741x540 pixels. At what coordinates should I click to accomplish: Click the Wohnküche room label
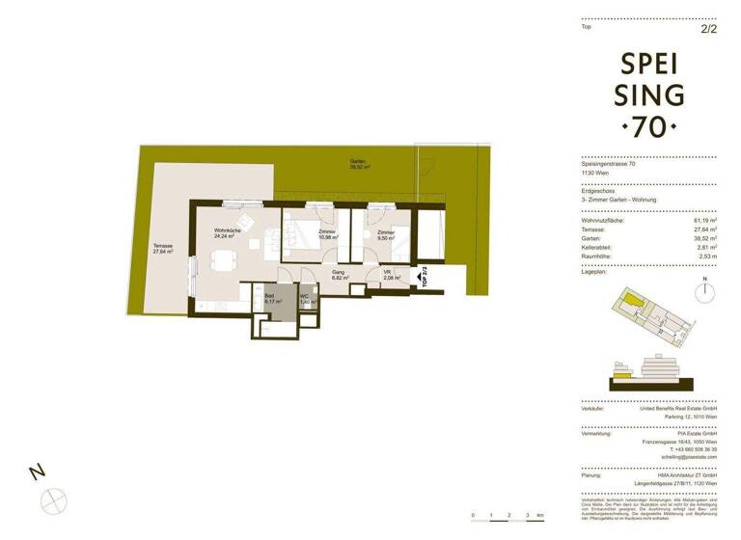point(228,232)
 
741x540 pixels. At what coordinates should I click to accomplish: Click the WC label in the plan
point(306,299)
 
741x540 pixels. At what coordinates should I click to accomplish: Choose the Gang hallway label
point(339,275)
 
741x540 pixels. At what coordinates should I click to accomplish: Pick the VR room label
point(387,275)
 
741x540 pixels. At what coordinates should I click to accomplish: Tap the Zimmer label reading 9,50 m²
point(387,234)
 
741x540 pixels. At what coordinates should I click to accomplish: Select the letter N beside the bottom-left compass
point(37,472)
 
